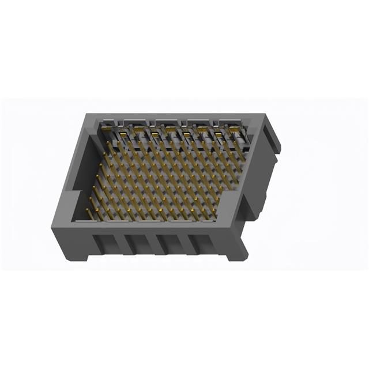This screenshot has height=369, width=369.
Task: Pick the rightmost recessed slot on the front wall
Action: (202, 245)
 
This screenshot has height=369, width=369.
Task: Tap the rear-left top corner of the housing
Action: (88, 116)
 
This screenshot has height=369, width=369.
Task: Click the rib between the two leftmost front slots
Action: (122, 244)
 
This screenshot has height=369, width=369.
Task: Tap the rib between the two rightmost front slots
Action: (186, 245)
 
